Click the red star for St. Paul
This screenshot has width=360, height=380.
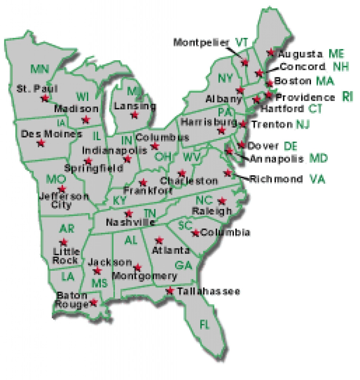[45, 98]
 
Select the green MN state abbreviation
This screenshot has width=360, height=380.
[40, 69]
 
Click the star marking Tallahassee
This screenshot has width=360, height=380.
[170, 290]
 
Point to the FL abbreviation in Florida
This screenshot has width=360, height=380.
[205, 324]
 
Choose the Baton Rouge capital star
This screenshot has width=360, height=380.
[93, 302]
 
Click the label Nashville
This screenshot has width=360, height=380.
[131, 222]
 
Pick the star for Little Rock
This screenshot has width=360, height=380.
[64, 242]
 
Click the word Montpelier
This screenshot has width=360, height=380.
[201, 42]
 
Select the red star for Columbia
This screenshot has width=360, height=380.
[195, 233]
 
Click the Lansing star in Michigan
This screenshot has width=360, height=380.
[134, 115]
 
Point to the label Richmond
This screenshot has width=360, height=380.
[276, 179]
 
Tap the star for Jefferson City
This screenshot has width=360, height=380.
[62, 189]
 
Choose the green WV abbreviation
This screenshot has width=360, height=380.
[191, 157]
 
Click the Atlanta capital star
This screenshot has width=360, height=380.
[159, 240]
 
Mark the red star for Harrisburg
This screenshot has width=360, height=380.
[221, 130]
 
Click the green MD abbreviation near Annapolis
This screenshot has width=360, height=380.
[319, 159]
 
